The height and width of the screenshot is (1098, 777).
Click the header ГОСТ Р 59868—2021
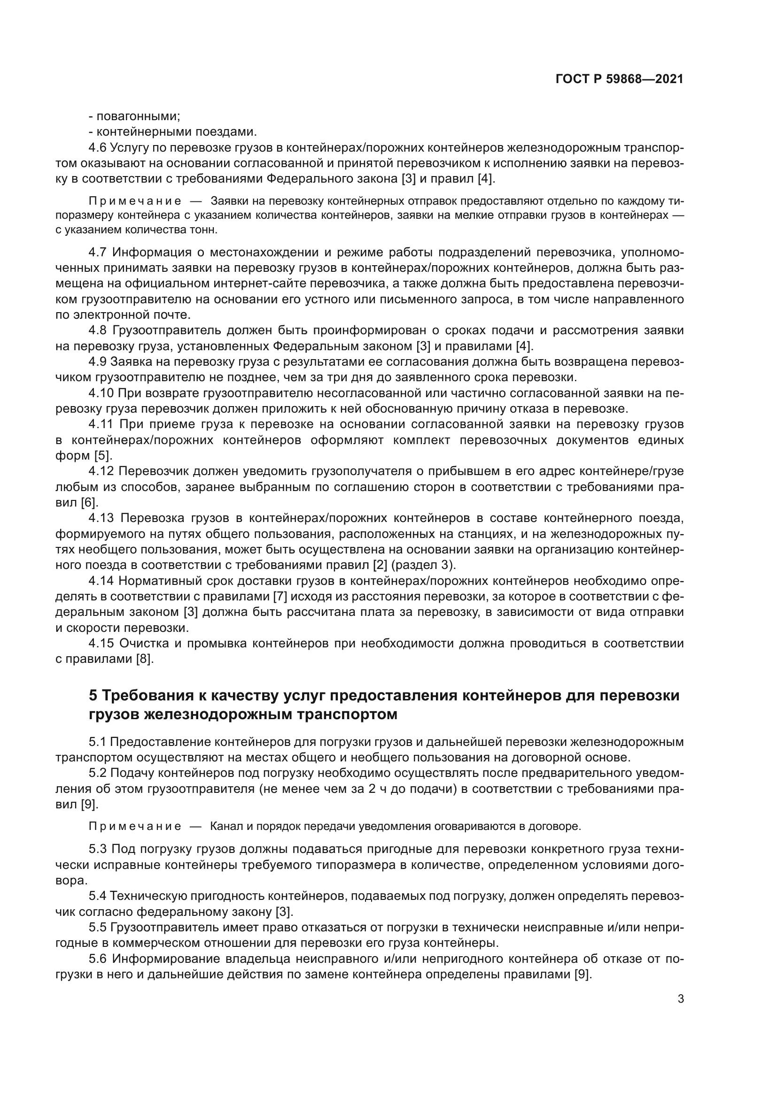click(x=619, y=79)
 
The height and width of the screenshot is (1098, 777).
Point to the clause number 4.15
click(x=101, y=643)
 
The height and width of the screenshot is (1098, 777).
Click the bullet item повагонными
click(x=134, y=116)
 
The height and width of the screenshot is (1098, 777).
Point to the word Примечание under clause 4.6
click(x=135, y=201)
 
